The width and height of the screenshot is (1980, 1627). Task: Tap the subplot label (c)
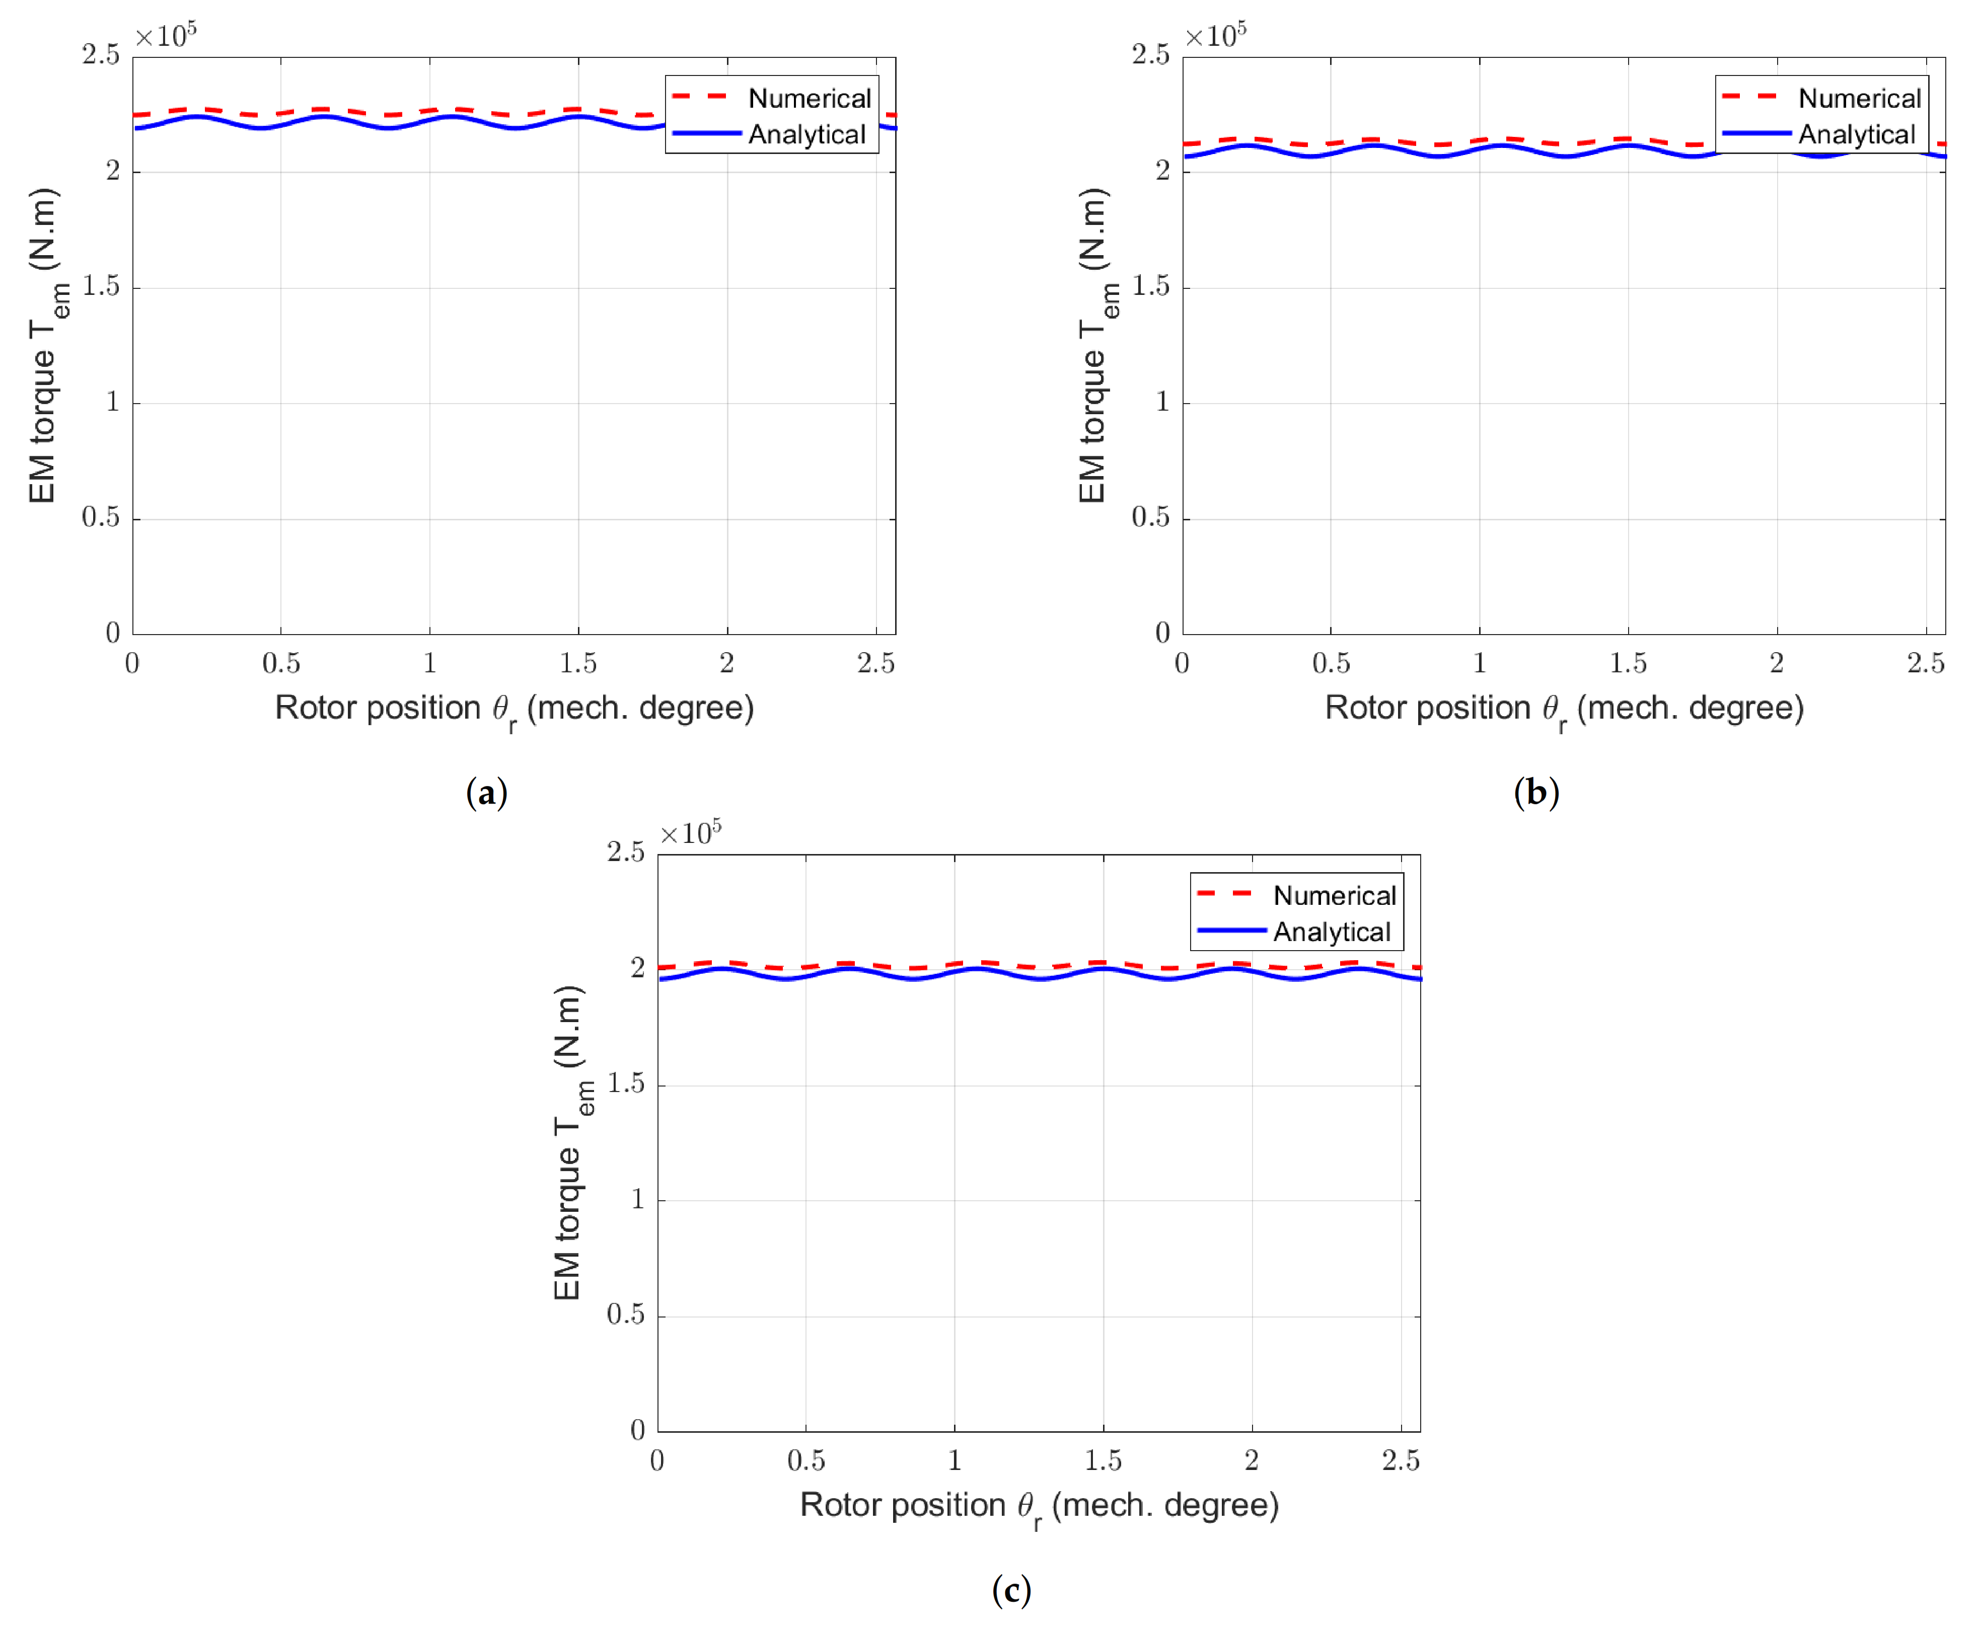click(1011, 1590)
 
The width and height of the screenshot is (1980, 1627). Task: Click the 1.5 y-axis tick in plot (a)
click(101, 287)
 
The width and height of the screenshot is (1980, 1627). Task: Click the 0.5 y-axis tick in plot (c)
click(625, 1315)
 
